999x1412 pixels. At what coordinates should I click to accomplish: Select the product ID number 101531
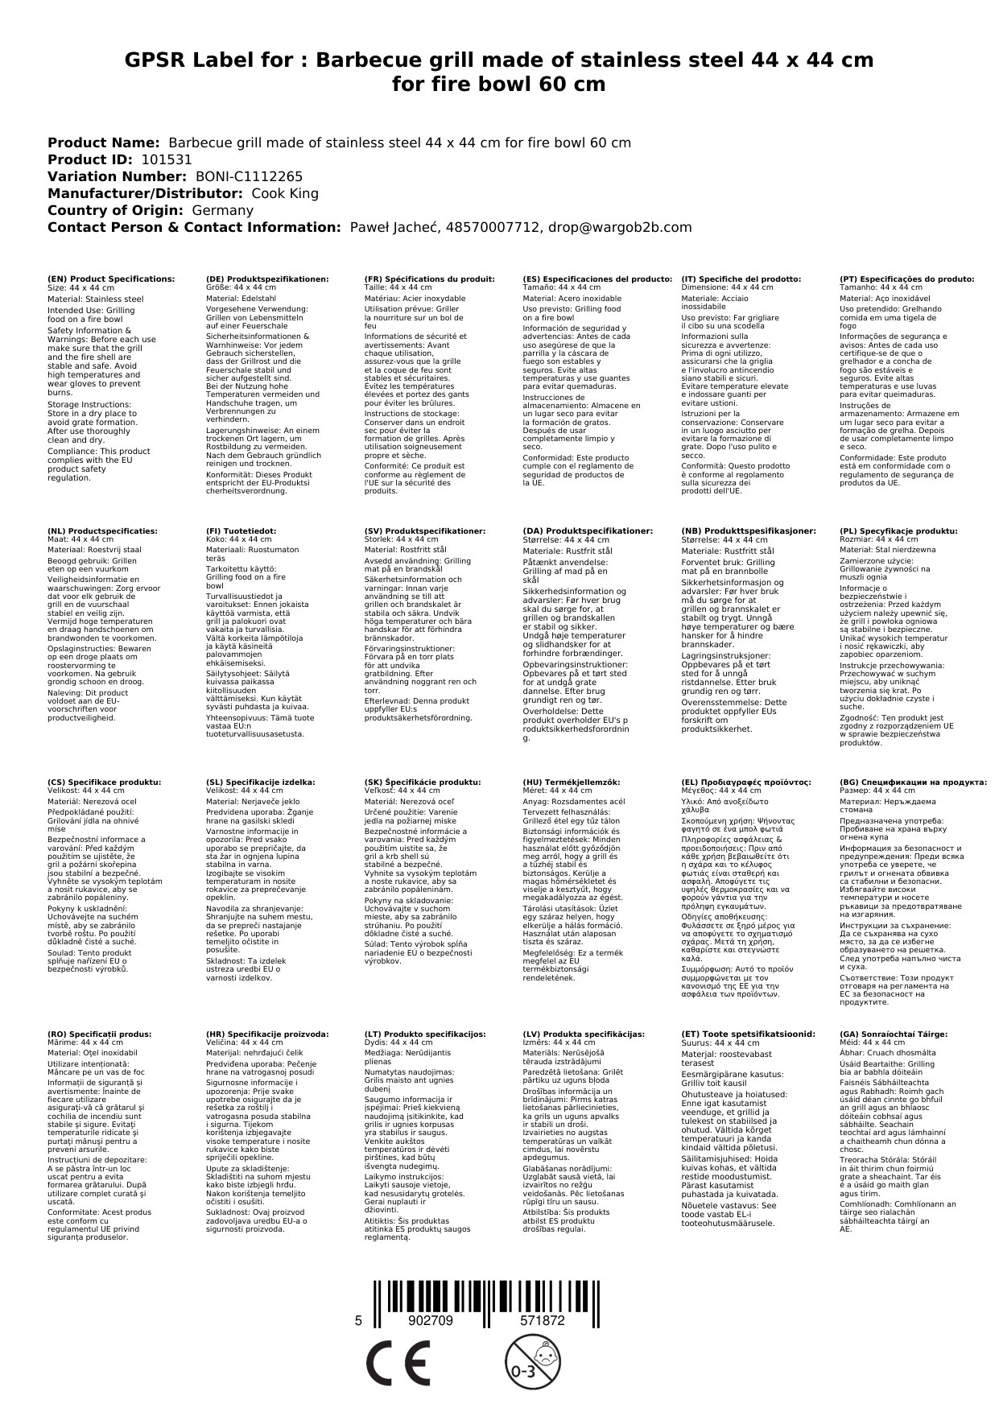[x=166, y=159]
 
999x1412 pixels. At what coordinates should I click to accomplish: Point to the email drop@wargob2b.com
[x=619, y=227]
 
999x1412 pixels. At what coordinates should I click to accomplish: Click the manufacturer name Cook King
[x=285, y=193]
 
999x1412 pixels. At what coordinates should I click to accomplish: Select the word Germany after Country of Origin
[x=222, y=210]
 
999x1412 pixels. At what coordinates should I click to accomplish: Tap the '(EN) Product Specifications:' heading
[x=111, y=279]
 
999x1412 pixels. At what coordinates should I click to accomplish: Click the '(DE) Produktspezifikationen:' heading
[x=267, y=279]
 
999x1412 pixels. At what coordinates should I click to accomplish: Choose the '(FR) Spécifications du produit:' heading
[x=429, y=279]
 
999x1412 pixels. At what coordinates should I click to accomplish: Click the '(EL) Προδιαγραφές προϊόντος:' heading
[x=745, y=782]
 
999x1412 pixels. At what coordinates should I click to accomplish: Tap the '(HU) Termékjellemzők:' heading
[x=572, y=782]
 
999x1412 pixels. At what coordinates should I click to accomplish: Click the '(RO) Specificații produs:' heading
[x=100, y=1034]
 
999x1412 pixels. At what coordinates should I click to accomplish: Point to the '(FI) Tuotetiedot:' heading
[x=241, y=531]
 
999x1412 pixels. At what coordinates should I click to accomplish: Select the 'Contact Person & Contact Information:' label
[x=194, y=227]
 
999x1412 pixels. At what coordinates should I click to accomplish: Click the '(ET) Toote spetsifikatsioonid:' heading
[x=748, y=1034]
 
